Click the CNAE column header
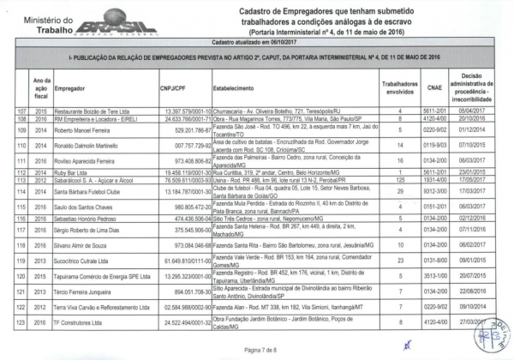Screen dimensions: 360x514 (434, 87)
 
